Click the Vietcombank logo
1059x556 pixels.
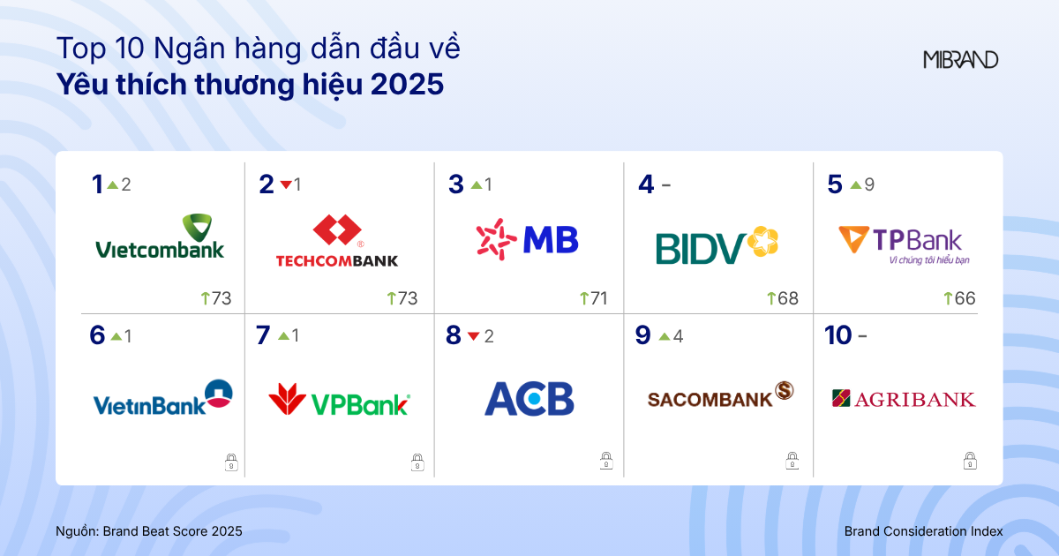pos(160,237)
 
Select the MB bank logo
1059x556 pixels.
pos(527,239)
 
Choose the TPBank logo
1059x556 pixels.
pos(900,244)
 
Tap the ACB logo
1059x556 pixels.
pos(529,399)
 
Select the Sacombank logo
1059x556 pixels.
pos(720,395)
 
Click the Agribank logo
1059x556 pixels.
pos(904,399)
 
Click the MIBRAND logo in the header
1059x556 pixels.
pos(961,60)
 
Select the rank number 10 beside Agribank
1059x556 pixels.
pos(837,335)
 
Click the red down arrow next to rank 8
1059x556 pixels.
pos(473,336)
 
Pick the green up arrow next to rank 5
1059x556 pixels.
pos(855,185)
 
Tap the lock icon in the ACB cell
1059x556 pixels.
pos(606,461)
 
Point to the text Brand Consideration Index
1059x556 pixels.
pos(923,531)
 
